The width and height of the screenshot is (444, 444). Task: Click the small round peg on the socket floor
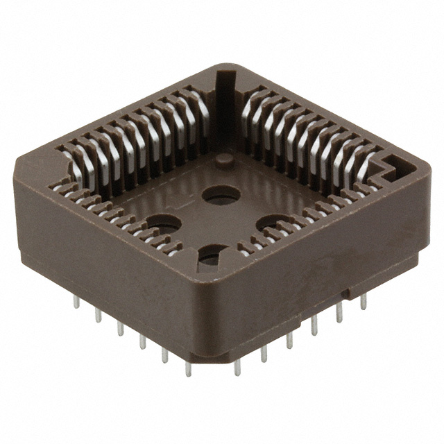coord(223,161)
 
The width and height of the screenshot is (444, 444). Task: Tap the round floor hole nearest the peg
coord(221,194)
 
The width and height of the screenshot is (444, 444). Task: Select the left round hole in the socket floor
coord(163,223)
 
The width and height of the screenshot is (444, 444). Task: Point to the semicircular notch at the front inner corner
coord(212,258)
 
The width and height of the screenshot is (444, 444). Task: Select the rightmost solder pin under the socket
coord(363,301)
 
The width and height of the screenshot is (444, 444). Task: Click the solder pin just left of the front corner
coord(188,368)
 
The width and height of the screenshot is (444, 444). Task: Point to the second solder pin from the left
coord(98,316)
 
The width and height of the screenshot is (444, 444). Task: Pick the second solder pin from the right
coord(339,314)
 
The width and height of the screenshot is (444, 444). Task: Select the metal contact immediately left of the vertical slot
coord(201,111)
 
